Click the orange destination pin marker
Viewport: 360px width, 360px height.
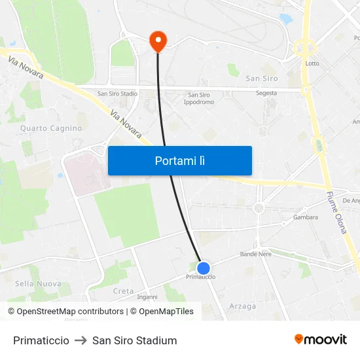click(x=158, y=41)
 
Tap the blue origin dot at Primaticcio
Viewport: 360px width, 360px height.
click(x=204, y=268)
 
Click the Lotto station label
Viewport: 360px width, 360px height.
click(x=312, y=63)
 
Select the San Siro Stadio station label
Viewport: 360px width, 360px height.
click(x=117, y=94)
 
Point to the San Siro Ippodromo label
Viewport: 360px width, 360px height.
click(x=198, y=98)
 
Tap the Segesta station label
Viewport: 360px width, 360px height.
click(x=266, y=93)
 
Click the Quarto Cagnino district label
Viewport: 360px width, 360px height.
click(x=51, y=128)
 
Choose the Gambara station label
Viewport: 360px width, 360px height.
click(x=306, y=217)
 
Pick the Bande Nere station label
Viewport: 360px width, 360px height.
click(x=255, y=254)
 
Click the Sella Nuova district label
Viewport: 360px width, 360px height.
click(x=38, y=283)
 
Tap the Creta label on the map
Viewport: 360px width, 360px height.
click(x=123, y=291)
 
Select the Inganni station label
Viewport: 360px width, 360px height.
click(x=147, y=297)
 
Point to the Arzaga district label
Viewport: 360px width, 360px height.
click(x=243, y=306)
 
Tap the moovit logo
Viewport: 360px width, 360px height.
click(x=320, y=340)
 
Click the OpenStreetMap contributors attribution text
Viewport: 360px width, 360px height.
click(x=65, y=312)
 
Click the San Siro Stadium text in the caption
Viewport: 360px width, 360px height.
click(x=135, y=340)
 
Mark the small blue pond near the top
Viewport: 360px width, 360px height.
click(x=286, y=19)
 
